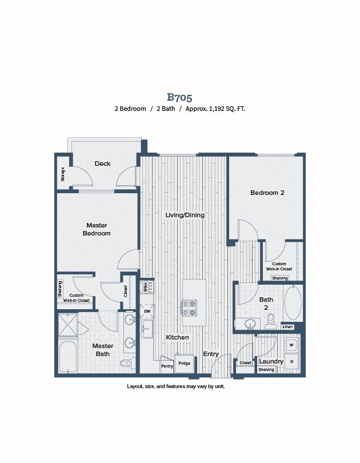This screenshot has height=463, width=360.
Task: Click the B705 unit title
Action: (179, 97)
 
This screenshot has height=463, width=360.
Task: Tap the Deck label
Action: (102, 163)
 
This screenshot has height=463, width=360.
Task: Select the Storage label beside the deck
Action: (62, 174)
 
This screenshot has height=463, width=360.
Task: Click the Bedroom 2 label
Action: (267, 193)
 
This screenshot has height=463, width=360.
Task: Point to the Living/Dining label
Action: (185, 215)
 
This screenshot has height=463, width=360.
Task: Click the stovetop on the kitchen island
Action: (189, 308)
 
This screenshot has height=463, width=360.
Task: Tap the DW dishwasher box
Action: (147, 311)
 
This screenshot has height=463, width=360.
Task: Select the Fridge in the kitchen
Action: (184, 364)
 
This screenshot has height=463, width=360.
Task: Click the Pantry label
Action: (167, 366)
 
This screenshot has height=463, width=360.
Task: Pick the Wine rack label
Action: (145, 287)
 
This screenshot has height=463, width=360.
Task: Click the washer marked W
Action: (291, 345)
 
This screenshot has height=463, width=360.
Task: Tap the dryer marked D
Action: (291, 361)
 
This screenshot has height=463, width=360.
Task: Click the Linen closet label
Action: (287, 326)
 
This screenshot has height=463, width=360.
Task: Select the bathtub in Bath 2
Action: (293, 302)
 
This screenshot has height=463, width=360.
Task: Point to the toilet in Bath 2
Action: (270, 321)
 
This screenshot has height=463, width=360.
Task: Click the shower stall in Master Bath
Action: (67, 325)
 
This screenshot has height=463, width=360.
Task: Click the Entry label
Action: (211, 354)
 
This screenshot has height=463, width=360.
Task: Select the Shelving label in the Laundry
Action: (266, 370)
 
